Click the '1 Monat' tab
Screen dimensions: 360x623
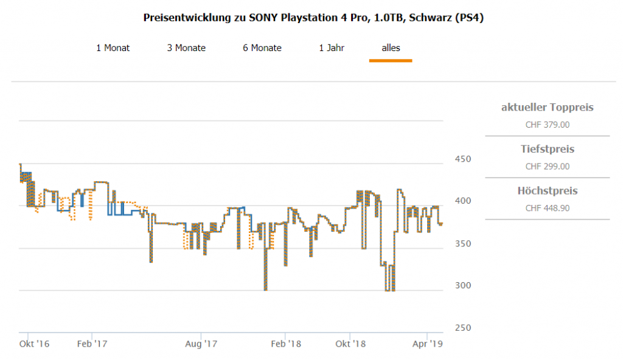pos(113,48)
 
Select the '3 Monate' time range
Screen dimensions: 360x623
pos(186,48)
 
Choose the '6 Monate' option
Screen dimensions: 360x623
pos(262,48)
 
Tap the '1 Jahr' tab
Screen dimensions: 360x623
pos(332,48)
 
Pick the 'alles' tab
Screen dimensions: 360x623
pos(391,48)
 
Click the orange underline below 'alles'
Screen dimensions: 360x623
pos(391,60)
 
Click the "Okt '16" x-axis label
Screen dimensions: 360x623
pos(34,344)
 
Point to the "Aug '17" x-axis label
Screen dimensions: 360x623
pos(201,344)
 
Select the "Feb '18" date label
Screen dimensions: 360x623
pos(285,344)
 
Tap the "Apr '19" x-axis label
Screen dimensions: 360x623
pos(428,344)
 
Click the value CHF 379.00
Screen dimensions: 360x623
pos(547,125)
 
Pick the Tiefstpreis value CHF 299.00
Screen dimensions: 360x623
pos(547,166)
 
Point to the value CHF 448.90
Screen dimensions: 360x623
pos(547,208)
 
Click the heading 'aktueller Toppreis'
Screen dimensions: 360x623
pos(547,108)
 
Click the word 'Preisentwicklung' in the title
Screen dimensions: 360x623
pos(186,18)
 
